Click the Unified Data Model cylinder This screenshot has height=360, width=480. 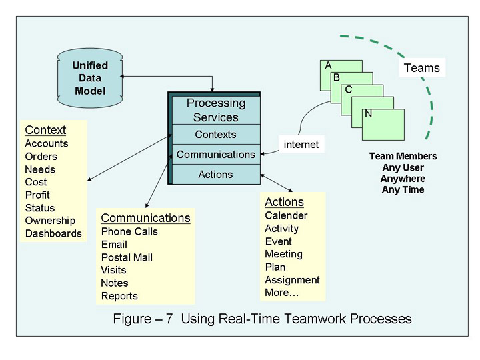click(x=89, y=78)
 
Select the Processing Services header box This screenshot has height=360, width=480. click(x=215, y=110)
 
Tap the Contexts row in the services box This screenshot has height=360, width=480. click(x=215, y=135)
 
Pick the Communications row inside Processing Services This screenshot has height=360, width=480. click(x=215, y=155)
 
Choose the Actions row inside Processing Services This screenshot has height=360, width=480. click(x=215, y=175)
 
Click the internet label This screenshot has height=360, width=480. click(x=301, y=144)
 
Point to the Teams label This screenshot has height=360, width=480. click(x=422, y=68)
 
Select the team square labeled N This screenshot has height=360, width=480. click(x=384, y=124)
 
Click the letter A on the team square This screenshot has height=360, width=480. click(x=328, y=65)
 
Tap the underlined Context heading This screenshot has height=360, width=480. click(x=45, y=130)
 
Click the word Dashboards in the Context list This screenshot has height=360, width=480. click(x=53, y=233)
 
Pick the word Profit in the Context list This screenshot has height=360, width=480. click(x=37, y=195)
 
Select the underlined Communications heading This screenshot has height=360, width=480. click(x=145, y=218)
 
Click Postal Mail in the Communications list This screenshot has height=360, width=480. click(x=127, y=257)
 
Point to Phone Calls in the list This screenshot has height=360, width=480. click(x=129, y=231)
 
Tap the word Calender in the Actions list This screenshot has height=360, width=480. click(x=286, y=215)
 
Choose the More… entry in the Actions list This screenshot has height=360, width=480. click(x=282, y=293)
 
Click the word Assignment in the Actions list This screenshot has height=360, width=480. click(x=292, y=280)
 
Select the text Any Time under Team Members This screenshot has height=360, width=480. click(x=403, y=190)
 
